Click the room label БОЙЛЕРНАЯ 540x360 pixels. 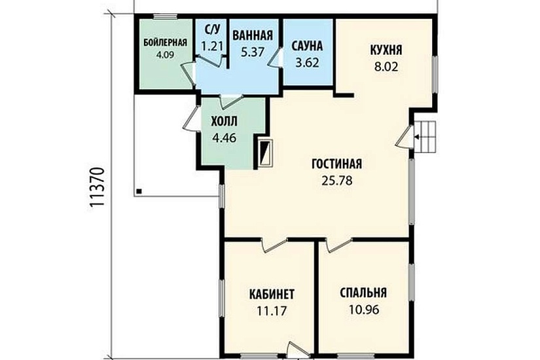166,43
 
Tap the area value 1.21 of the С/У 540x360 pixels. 212,45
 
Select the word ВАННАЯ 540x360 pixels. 253,35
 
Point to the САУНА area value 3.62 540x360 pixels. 307,63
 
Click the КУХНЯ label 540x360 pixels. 386,50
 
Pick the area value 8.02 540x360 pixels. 386,67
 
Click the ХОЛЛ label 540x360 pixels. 225,121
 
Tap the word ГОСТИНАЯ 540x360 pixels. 337,164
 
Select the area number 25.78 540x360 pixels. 337,181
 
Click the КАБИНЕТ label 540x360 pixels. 272,295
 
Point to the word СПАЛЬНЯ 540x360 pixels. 363,293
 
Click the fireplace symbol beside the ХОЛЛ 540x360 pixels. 266,153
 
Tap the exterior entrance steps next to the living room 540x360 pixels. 425,136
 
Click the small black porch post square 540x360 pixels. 139,191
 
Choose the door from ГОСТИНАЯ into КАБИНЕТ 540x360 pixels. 274,245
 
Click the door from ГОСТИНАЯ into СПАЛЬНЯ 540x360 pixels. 338,245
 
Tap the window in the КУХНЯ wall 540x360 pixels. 435,74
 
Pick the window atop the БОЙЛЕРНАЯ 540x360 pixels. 166,16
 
